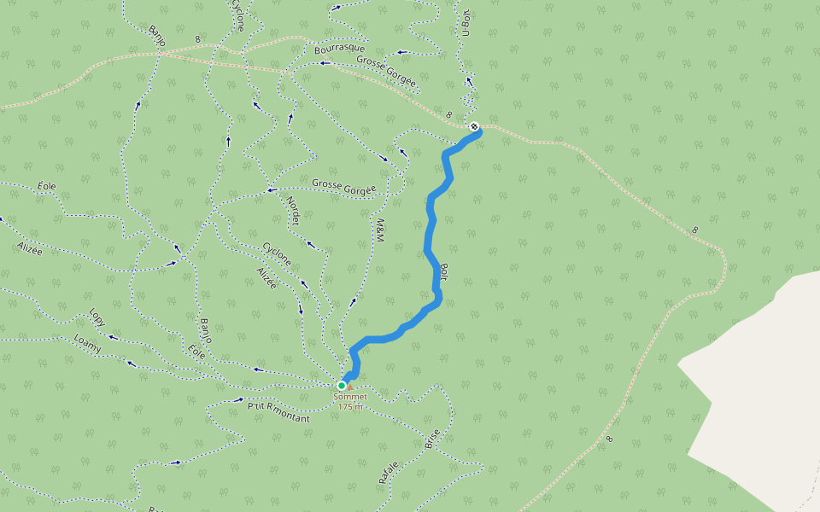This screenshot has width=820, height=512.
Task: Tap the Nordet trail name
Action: click(293, 208)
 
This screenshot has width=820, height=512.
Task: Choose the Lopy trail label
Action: click(97, 317)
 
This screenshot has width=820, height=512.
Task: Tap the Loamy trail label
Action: click(87, 344)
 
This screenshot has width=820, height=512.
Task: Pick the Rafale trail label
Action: click(389, 473)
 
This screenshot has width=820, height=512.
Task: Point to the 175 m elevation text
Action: click(350, 407)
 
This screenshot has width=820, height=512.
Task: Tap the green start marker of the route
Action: click(342, 386)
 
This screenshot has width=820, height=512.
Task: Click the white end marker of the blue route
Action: click(474, 126)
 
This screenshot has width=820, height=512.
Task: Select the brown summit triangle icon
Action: click(349, 387)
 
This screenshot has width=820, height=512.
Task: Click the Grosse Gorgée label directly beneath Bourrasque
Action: click(386, 72)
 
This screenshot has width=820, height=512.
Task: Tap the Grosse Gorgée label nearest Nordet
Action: click(343, 186)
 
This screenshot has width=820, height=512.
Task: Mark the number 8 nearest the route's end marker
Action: click(448, 114)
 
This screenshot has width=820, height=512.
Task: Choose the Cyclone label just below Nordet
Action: click(277, 253)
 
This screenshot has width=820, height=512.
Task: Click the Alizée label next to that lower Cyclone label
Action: click(266, 277)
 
